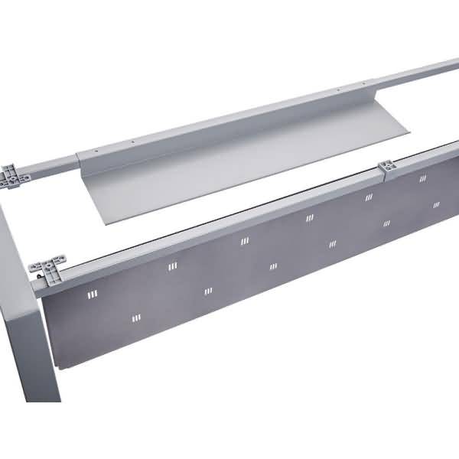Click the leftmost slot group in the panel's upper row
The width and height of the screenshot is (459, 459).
point(93,295)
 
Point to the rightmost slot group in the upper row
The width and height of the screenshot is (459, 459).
point(422,178)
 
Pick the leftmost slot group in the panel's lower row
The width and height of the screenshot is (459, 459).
point(136,317)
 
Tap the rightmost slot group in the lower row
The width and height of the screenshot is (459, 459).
point(436,205)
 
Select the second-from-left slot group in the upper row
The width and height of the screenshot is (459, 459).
point(171,267)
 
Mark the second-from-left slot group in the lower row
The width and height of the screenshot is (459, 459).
point(207,291)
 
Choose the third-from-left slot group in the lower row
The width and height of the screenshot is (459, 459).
point(273,266)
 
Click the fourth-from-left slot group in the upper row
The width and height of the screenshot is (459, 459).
point(310,218)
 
